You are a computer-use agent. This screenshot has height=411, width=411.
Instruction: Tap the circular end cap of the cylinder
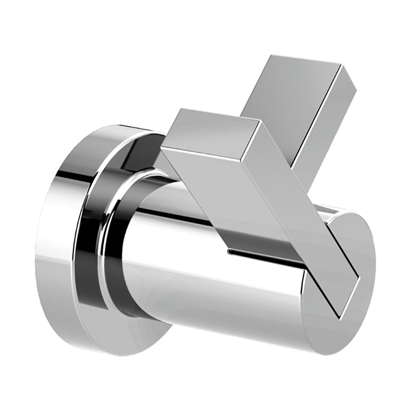(346, 253)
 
